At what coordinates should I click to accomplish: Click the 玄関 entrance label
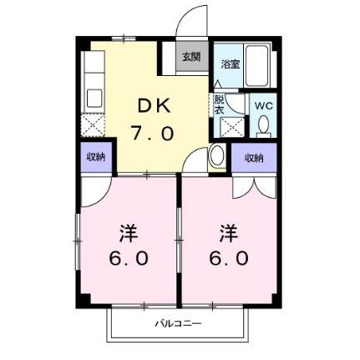point(192,57)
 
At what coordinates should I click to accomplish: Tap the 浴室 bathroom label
point(231,63)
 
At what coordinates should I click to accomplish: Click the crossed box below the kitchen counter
point(94,125)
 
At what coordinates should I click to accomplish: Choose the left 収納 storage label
point(95,158)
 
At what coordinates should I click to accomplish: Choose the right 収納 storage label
point(253,158)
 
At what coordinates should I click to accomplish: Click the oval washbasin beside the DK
point(215,155)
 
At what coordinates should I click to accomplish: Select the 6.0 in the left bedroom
point(128,258)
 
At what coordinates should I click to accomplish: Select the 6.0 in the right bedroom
point(228,258)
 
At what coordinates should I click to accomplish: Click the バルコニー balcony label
point(177,323)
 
